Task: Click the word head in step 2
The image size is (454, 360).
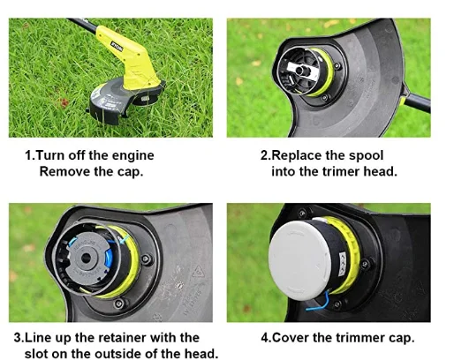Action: pyautogui.click(x=382, y=171)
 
